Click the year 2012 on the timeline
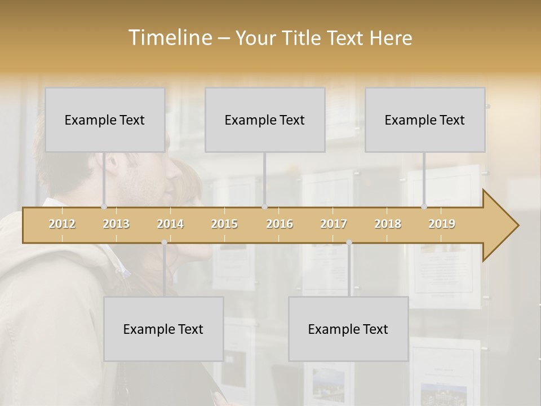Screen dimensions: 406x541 (x=62, y=224)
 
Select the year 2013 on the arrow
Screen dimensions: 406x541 (x=116, y=224)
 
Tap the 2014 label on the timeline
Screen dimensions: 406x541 (x=170, y=224)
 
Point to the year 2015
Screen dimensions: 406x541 (x=224, y=224)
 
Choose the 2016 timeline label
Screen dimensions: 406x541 (x=280, y=224)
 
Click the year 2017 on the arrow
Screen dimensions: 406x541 (x=334, y=224)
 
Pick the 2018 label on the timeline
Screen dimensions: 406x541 (x=388, y=224)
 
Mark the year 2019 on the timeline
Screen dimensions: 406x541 (x=442, y=224)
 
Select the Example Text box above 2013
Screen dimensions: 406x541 (x=105, y=120)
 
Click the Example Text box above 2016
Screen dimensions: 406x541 (x=265, y=120)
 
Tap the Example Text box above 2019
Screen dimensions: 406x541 (x=425, y=120)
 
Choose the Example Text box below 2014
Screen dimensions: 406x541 (x=163, y=329)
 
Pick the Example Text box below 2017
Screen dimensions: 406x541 (x=348, y=329)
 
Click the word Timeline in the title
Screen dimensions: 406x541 (x=168, y=38)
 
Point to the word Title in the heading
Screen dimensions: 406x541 (x=303, y=38)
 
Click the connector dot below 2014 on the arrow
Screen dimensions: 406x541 (x=164, y=242)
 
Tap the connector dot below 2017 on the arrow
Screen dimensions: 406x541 (x=349, y=242)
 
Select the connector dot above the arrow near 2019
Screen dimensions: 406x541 (x=424, y=206)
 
